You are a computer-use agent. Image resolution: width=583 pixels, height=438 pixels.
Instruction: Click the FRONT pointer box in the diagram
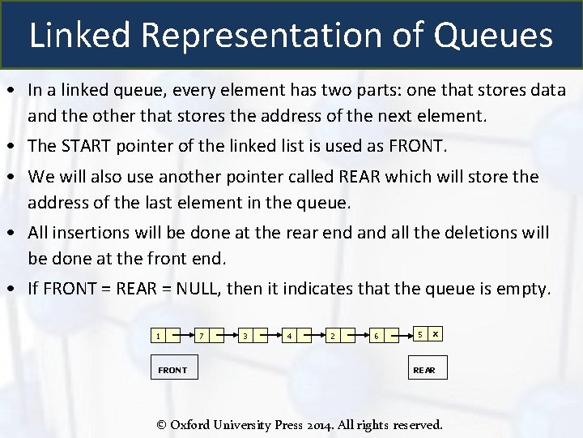[172, 370]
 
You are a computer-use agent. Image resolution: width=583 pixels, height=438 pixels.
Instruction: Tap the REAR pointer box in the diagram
[423, 370]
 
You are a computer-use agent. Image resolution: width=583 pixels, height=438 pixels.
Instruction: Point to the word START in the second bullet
[83, 146]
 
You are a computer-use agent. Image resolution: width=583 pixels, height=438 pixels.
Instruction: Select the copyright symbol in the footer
[161, 424]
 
